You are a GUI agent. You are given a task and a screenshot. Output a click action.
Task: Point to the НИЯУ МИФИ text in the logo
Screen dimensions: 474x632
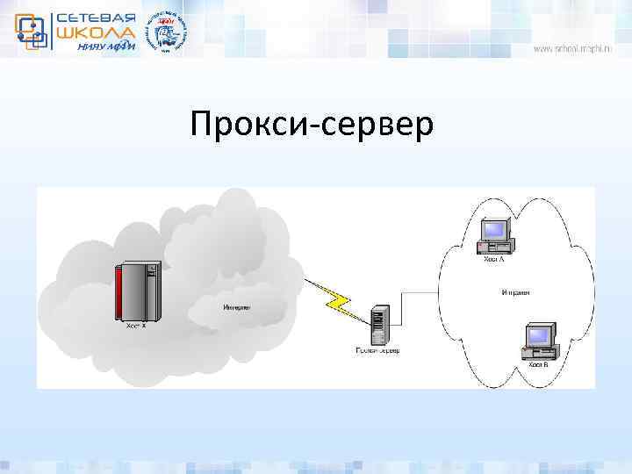[x=104, y=47]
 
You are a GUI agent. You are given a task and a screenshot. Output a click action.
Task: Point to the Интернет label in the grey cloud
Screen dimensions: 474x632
[x=236, y=307]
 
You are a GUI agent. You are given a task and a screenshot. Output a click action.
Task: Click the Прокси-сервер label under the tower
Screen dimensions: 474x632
[x=377, y=351]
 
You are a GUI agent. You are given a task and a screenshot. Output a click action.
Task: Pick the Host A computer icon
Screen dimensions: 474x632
[x=493, y=234]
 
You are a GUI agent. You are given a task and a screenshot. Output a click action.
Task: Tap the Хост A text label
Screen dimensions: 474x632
[x=494, y=259]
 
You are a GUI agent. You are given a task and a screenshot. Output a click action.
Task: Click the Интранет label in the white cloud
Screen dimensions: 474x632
[x=515, y=292]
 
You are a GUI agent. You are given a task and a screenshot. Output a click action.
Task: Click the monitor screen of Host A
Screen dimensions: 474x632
[x=495, y=229]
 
